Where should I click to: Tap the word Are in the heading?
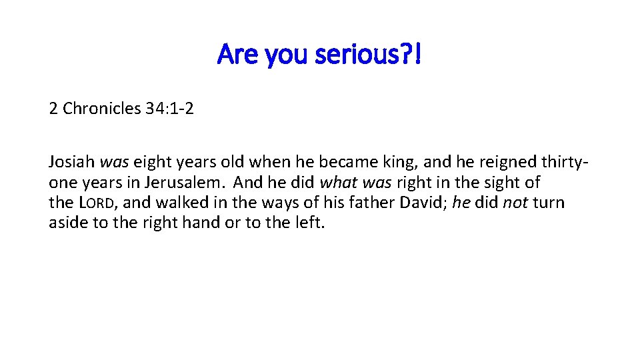238,55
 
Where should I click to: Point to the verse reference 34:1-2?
169,108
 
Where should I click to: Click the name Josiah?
72,162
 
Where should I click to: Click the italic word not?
515,202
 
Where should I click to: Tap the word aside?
69,222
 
